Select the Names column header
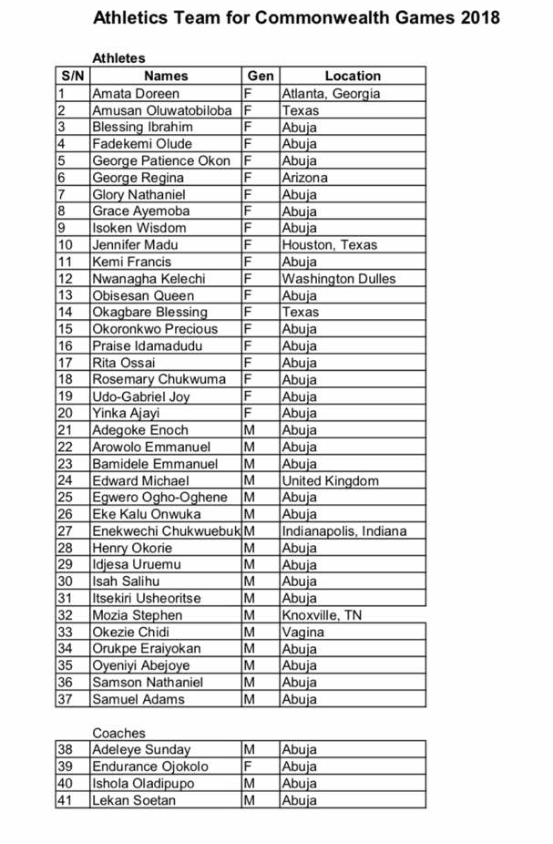click(x=166, y=76)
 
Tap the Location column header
click(x=353, y=76)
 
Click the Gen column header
click(x=261, y=76)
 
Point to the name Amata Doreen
click(x=136, y=93)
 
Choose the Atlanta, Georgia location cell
click(x=331, y=93)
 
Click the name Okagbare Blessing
click(x=149, y=312)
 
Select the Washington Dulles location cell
click(x=339, y=278)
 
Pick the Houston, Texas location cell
click(x=329, y=244)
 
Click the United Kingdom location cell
click(x=330, y=480)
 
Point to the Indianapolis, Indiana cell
click(x=344, y=530)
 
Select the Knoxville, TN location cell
click(x=322, y=615)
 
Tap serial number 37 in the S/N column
click(x=65, y=699)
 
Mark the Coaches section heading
click(x=118, y=733)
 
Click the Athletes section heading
click(x=118, y=58)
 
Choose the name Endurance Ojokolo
click(x=149, y=767)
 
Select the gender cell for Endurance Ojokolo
click(x=248, y=767)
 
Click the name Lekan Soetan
click(x=134, y=800)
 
